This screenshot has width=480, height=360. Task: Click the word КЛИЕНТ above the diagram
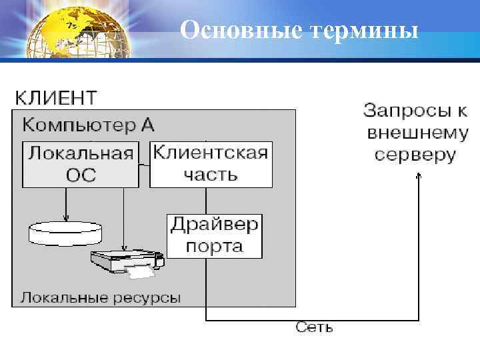[56, 98]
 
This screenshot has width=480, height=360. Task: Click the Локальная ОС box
[81, 164]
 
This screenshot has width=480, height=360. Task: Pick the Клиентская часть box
[211, 164]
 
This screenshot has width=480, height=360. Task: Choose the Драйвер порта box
[214, 235]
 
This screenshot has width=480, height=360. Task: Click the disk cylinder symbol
[66, 233]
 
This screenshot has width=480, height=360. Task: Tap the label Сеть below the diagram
[314, 327]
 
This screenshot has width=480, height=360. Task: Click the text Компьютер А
[89, 125]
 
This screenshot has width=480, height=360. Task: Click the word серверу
[415, 155]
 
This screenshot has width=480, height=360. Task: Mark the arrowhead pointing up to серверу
[419, 176]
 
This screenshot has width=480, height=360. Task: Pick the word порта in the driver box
[214, 247]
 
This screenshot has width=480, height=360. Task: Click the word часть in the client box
[211, 175]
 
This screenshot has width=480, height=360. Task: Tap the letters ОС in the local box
[81, 175]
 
